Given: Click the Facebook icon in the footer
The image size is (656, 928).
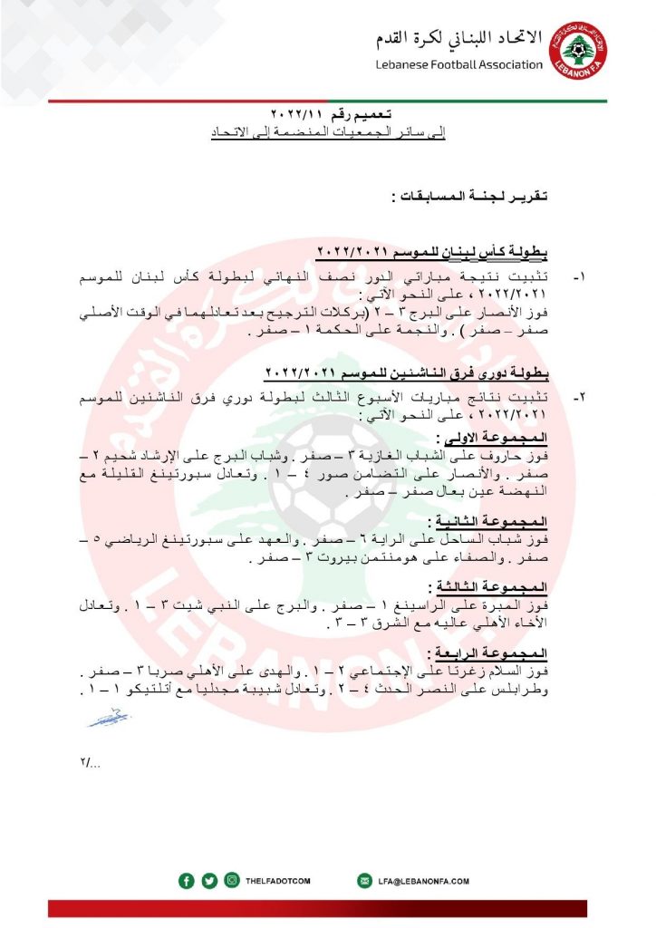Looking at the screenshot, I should (x=187, y=880).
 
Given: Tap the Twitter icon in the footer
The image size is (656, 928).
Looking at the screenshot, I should (x=209, y=880).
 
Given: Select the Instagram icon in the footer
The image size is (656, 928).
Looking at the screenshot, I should (x=232, y=880).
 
